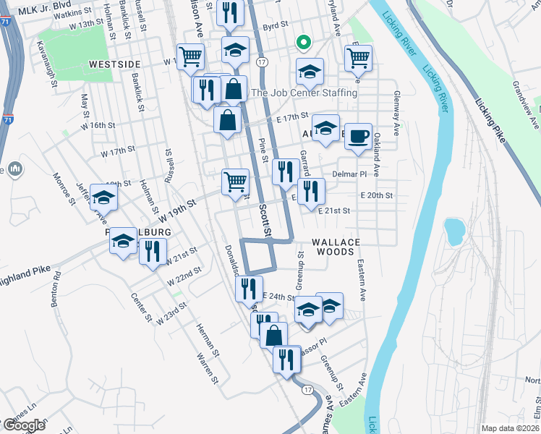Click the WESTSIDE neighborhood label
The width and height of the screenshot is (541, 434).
coord(114,64)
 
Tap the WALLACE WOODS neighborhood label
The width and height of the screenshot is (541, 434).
coord(333,247)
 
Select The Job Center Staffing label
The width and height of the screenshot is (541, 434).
coord(304,93)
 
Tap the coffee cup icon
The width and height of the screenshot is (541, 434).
coord(358,137)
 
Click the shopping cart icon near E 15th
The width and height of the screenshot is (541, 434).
coord(359,59)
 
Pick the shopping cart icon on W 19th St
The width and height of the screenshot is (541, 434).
coord(234,182)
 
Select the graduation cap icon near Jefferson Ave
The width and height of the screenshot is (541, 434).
coord(104,197)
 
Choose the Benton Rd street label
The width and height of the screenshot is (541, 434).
coord(56,289)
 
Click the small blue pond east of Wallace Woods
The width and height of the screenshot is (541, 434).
coord(454,231)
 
